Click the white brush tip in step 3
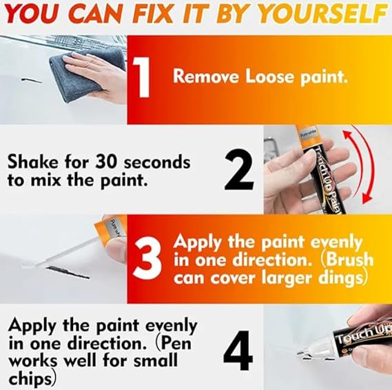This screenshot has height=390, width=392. pos(48,265)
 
